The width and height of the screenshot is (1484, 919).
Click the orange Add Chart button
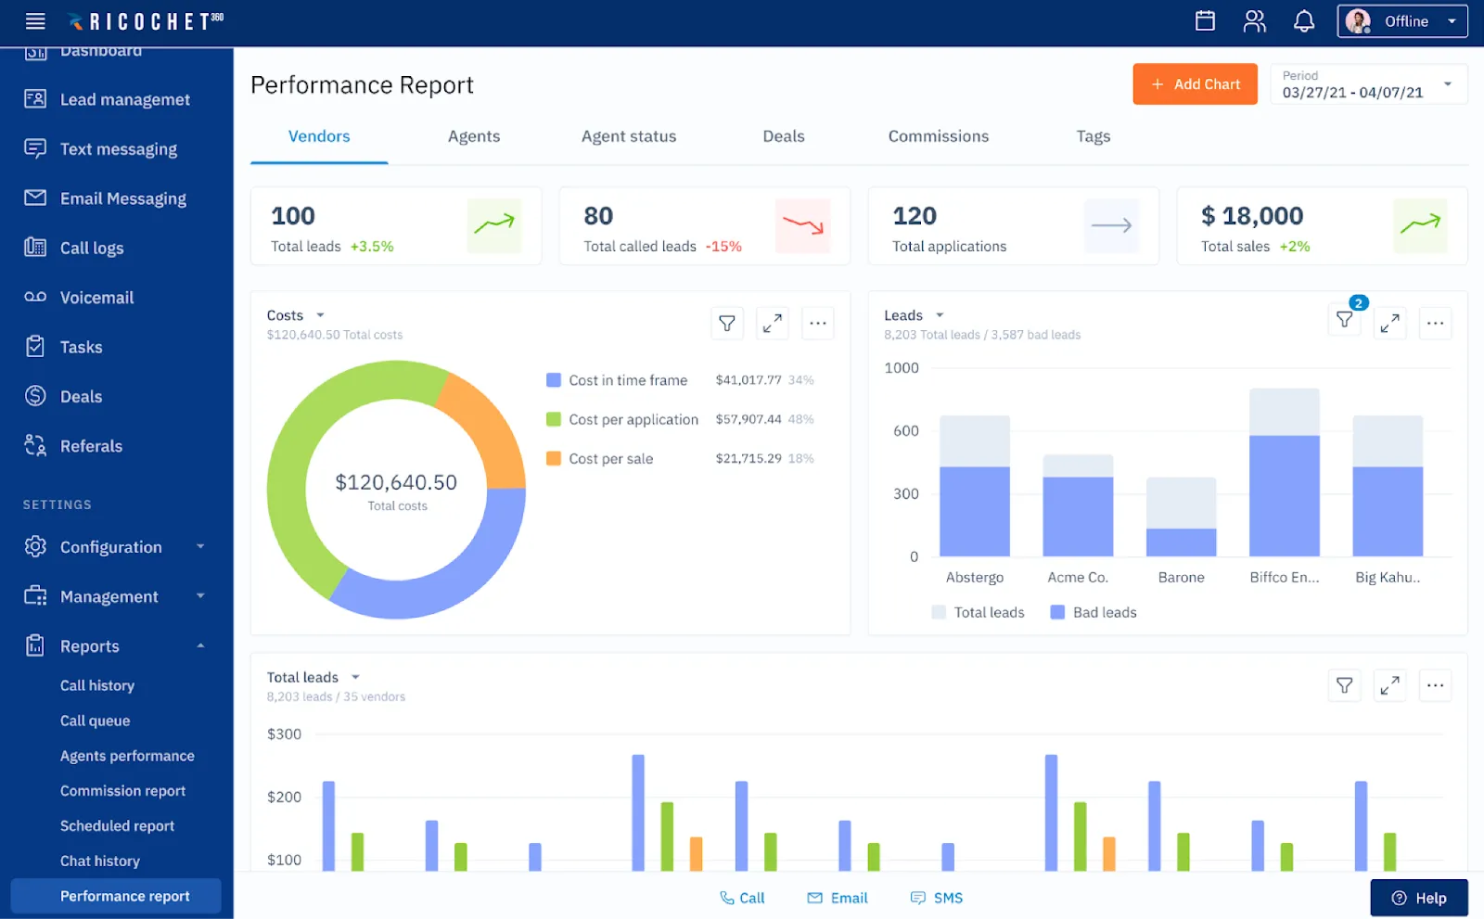click(1195, 84)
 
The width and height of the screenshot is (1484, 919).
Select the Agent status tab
click(628, 136)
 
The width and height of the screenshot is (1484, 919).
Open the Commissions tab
click(938, 136)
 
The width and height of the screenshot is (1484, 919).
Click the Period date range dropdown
click(1368, 84)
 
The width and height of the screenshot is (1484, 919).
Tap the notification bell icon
click(1303, 21)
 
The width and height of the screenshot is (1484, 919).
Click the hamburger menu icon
click(35, 21)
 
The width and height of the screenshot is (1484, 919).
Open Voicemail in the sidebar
click(96, 298)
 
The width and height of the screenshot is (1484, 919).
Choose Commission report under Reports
click(122, 791)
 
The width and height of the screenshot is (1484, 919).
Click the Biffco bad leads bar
click(1284, 496)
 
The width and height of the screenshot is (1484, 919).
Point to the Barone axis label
click(1181, 578)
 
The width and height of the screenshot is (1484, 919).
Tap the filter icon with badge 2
click(1344, 320)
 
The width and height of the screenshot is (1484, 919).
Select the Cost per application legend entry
click(633, 420)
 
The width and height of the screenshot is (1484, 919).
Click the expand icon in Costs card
click(772, 323)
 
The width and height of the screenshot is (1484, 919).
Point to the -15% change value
click(723, 247)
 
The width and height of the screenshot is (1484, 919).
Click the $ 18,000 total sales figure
click(1252, 216)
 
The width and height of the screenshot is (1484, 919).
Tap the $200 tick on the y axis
click(284, 798)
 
